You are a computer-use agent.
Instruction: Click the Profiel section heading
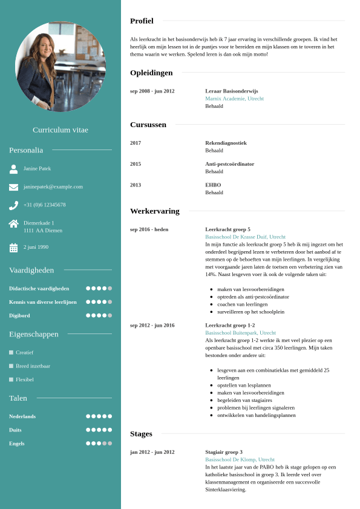pyautogui.click(x=142, y=21)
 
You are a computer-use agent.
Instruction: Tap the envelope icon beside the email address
pyautogui.click(x=13, y=187)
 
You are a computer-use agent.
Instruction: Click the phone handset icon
pyautogui.click(x=13, y=205)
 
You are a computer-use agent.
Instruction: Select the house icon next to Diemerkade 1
pyautogui.click(x=13, y=223)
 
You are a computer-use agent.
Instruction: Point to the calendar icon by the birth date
pyautogui.click(x=13, y=248)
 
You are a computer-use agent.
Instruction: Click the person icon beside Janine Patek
pyautogui.click(x=13, y=169)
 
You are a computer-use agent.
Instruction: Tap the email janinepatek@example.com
pyautogui.click(x=53, y=187)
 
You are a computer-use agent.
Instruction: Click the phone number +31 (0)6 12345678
pyautogui.click(x=45, y=205)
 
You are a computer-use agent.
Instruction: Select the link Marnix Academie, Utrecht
pyautogui.click(x=234, y=99)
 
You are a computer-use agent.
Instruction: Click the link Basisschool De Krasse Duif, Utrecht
pyautogui.click(x=245, y=237)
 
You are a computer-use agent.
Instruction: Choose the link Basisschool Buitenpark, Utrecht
pyautogui.click(x=240, y=333)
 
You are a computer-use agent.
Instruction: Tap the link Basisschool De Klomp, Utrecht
pyautogui.click(x=240, y=460)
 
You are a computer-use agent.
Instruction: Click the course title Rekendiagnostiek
pyautogui.click(x=226, y=143)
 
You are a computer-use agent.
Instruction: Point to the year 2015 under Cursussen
pyautogui.click(x=136, y=164)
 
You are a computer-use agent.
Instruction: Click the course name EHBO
pyautogui.click(x=213, y=185)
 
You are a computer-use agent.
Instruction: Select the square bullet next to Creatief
pyautogui.click(x=11, y=352)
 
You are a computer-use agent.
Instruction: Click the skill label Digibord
pyautogui.click(x=19, y=315)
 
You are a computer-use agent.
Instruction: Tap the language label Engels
pyautogui.click(x=16, y=444)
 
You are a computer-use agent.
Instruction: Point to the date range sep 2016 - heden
pyautogui.click(x=149, y=230)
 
